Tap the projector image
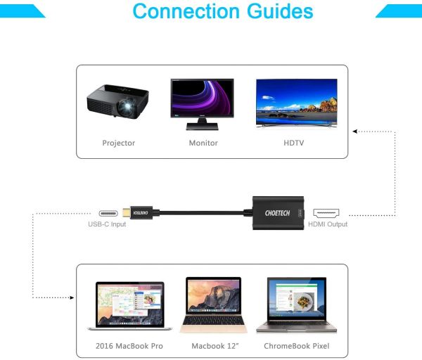[x=118, y=104]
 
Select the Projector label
[x=118, y=143]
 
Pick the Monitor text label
[x=203, y=143]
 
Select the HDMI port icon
[x=326, y=212]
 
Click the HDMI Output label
[x=327, y=224]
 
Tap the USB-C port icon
[x=106, y=212]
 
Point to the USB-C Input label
[x=106, y=224]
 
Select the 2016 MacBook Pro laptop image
[x=129, y=307]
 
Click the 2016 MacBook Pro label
[x=129, y=346]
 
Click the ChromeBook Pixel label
[x=296, y=346]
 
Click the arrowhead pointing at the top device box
[x=356, y=131]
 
